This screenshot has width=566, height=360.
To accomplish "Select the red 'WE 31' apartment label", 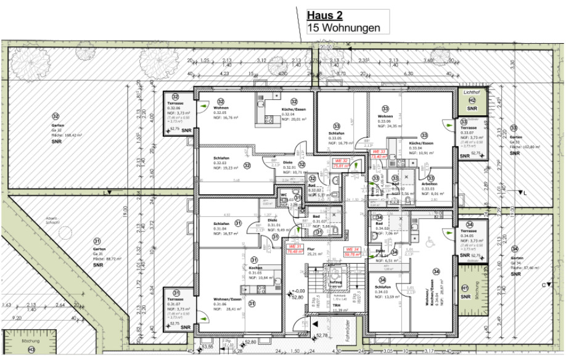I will pos(294,248).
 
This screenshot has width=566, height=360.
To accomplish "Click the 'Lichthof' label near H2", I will pos(472,92).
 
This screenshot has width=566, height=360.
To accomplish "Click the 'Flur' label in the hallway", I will pos(311,248).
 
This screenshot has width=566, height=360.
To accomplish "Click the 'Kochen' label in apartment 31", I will pos(256,268).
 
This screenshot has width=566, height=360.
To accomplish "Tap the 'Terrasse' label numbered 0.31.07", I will pos(176,300).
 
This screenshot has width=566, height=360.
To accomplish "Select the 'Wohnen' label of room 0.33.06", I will pos(385,116).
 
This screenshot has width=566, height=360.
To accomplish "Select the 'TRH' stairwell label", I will pos(337,306).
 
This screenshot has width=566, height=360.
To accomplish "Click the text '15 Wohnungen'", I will pos(343,28).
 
